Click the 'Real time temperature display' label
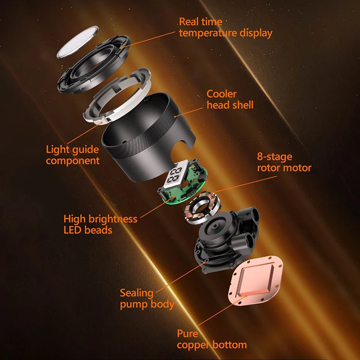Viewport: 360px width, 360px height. click(225, 27)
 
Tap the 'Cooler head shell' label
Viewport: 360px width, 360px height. click(230, 99)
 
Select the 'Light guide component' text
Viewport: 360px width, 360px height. click(72, 154)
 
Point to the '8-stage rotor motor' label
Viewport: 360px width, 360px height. click(283, 162)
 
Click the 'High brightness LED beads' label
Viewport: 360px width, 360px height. click(100, 224)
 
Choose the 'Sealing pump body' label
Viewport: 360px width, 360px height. click(147, 298)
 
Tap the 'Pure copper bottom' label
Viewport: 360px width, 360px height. click(211, 339)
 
